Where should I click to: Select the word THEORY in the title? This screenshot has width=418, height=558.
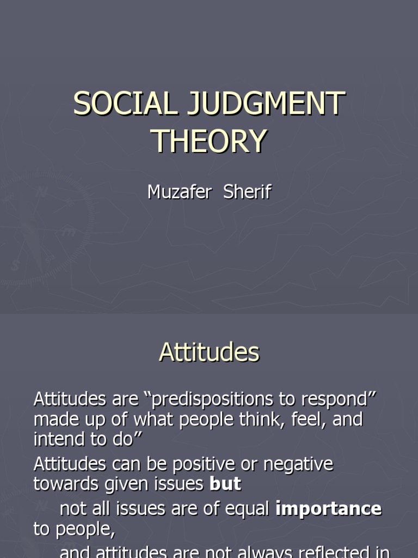(x=209, y=141)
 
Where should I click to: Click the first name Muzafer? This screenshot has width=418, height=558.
(x=179, y=192)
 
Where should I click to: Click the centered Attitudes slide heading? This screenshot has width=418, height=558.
(x=209, y=353)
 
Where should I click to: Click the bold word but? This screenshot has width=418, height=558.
(x=225, y=484)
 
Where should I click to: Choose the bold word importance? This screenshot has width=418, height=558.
(x=329, y=509)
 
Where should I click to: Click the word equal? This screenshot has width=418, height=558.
(x=245, y=509)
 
